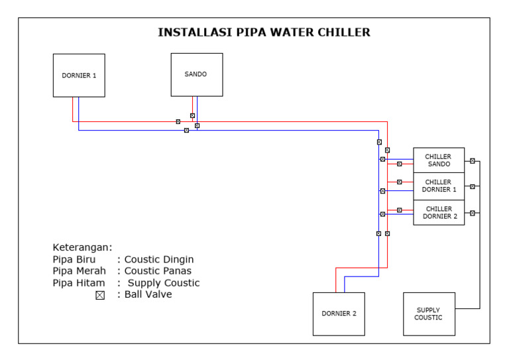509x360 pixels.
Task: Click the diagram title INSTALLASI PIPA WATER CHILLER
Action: pos(264,32)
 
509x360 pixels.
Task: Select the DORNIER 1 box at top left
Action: pos(79,76)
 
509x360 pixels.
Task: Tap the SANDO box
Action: pos(196,74)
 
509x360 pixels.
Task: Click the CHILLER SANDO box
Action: pos(438,160)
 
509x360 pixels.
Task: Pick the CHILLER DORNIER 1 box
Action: pos(438,186)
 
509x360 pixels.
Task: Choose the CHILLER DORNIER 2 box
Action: pos(438,212)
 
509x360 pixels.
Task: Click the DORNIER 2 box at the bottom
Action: pos(339,314)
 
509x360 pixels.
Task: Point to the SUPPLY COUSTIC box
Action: pos(428,314)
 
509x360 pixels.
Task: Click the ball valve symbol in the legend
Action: pos(100,295)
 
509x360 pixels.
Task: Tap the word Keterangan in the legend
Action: pos(82,247)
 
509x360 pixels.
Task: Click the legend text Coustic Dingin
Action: pos(159,259)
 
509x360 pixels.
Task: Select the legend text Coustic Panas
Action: pos(158,271)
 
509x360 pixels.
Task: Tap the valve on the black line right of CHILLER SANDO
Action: pos(472,160)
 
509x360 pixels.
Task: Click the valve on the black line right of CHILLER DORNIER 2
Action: pos(472,213)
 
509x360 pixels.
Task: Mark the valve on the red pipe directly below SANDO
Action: pos(192,115)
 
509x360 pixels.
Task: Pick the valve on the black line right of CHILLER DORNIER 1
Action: pos(472,186)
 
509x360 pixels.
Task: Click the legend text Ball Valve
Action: pos(148,294)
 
